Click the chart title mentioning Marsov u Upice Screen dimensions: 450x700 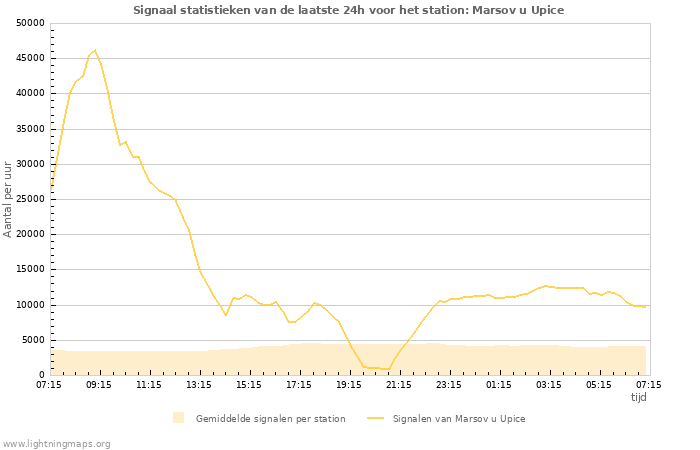pos(349,10)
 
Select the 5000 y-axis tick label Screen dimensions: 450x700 pos(33,340)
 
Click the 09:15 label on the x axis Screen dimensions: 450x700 pos(99,384)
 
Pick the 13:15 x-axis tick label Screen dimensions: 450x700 pos(199,384)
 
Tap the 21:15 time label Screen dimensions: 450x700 pos(399,384)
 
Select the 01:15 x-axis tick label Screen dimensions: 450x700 pos(499,384)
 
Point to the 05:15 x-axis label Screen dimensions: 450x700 pos(599,384)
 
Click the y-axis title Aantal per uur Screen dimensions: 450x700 pos(9,198)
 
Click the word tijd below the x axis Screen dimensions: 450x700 pos(638,397)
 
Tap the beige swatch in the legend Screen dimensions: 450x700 pos(179,418)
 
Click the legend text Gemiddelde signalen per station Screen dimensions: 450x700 pos(270,419)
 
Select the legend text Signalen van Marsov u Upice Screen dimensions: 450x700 pos(458,419)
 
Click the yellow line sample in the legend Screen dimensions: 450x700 pos(375,419)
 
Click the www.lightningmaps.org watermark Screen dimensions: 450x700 pos(57,443)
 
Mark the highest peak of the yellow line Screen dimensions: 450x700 pos(94,50)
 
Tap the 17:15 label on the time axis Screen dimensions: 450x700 pos(299,384)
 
